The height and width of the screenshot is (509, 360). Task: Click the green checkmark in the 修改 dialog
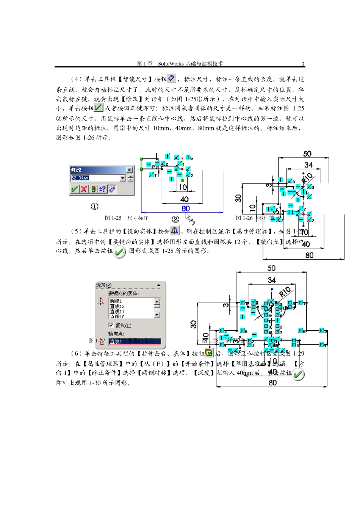(75, 189)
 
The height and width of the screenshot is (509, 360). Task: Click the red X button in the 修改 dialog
(84, 189)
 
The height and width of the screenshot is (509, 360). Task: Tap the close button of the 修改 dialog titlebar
(129, 170)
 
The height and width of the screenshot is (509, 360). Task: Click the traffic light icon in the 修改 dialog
(94, 189)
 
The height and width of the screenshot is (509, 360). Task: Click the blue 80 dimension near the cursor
(185, 208)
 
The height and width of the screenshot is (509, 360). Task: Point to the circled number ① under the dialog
(94, 206)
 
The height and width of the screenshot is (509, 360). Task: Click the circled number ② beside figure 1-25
(175, 219)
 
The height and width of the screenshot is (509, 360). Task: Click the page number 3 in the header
(303, 64)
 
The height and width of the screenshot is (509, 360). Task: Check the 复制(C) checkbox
(111, 325)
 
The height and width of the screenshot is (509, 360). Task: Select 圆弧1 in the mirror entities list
(116, 301)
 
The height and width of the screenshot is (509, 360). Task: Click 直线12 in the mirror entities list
(117, 306)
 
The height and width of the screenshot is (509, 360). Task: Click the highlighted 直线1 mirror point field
(135, 341)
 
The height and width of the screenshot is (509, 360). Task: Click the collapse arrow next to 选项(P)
(159, 285)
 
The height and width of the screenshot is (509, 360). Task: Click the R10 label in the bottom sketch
(285, 292)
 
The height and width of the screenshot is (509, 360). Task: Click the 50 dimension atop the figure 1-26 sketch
(307, 153)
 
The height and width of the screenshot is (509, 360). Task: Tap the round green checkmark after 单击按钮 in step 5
(119, 252)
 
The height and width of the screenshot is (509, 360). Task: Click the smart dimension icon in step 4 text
(172, 78)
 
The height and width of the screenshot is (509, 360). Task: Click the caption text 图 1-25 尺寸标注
(127, 218)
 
